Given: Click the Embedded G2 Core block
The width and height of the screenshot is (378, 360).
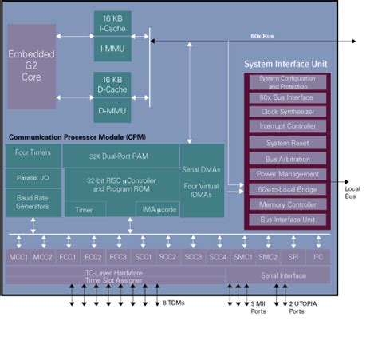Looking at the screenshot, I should pyautogui.click(x=32, y=65).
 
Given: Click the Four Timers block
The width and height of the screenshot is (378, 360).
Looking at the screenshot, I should pyautogui.click(x=32, y=152).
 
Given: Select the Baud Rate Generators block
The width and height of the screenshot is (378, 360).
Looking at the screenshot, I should pyautogui.click(x=32, y=200).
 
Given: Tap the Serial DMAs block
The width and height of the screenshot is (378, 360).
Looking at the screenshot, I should pyautogui.click(x=200, y=168).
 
